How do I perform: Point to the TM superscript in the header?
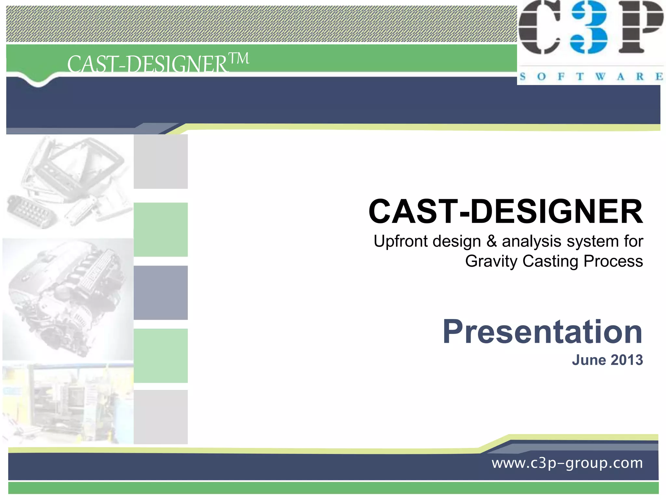click(239, 59)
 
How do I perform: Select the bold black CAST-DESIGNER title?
click(506, 212)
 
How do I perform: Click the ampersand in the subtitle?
click(492, 242)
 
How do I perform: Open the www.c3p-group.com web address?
click(567, 463)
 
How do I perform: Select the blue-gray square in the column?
click(161, 293)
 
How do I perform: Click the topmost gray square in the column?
click(161, 162)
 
